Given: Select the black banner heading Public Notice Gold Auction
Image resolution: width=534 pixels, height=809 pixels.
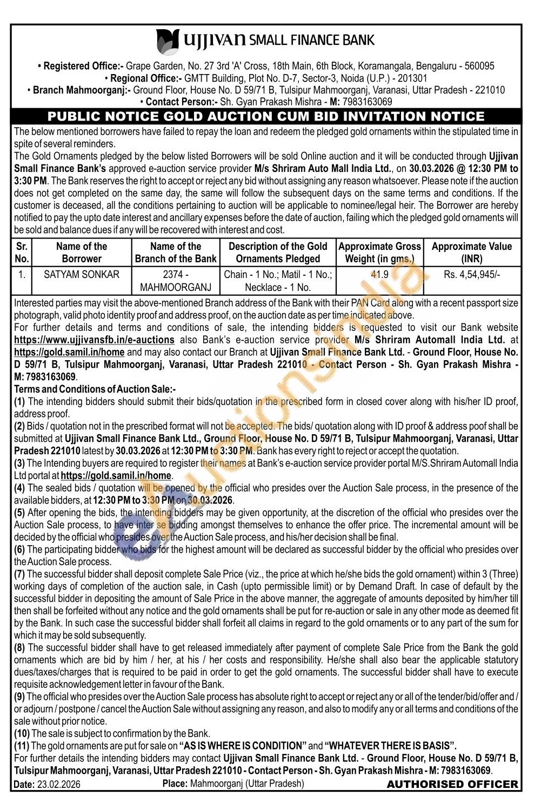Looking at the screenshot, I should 266,116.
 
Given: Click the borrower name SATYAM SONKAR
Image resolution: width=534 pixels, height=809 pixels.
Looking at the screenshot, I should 82,274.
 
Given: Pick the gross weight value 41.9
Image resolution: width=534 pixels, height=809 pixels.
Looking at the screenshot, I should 379,274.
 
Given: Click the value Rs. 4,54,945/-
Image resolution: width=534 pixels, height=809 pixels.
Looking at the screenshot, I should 471,274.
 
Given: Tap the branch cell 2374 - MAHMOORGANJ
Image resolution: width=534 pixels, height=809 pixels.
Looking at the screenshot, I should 176,281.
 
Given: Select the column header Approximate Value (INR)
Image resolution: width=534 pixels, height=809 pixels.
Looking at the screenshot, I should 471,253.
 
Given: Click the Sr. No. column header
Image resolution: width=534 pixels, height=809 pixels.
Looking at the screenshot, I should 22,253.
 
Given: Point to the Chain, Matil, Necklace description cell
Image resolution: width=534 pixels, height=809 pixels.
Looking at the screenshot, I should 278,281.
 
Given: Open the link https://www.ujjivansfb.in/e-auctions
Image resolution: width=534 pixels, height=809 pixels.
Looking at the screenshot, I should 94,340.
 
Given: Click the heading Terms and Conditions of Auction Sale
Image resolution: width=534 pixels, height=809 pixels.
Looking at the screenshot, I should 95,389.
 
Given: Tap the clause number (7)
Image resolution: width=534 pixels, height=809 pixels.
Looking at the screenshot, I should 19,574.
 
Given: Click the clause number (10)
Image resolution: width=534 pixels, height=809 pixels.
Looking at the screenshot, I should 22,733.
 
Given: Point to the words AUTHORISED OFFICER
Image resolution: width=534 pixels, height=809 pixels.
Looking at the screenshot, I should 452,784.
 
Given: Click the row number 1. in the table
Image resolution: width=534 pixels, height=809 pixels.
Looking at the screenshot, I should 22,274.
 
